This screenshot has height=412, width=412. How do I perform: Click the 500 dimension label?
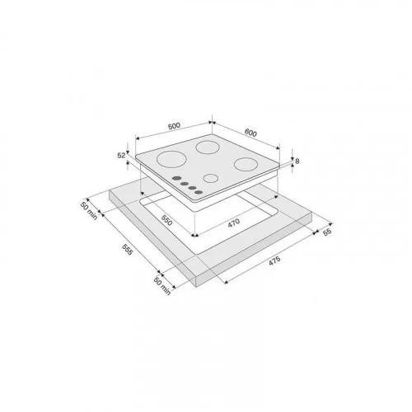(174, 126)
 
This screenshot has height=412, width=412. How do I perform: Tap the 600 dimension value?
(250, 133)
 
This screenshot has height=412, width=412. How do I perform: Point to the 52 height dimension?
(121, 156)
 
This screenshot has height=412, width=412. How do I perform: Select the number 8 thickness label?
(297, 162)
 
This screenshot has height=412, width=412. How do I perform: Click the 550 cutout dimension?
(166, 220)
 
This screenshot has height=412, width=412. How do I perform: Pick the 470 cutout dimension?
(234, 222)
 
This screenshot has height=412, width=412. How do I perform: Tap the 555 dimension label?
(127, 249)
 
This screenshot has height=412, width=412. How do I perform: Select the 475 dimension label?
(274, 260)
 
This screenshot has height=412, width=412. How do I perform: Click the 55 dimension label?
(327, 232)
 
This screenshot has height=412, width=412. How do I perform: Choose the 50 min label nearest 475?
(162, 286)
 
